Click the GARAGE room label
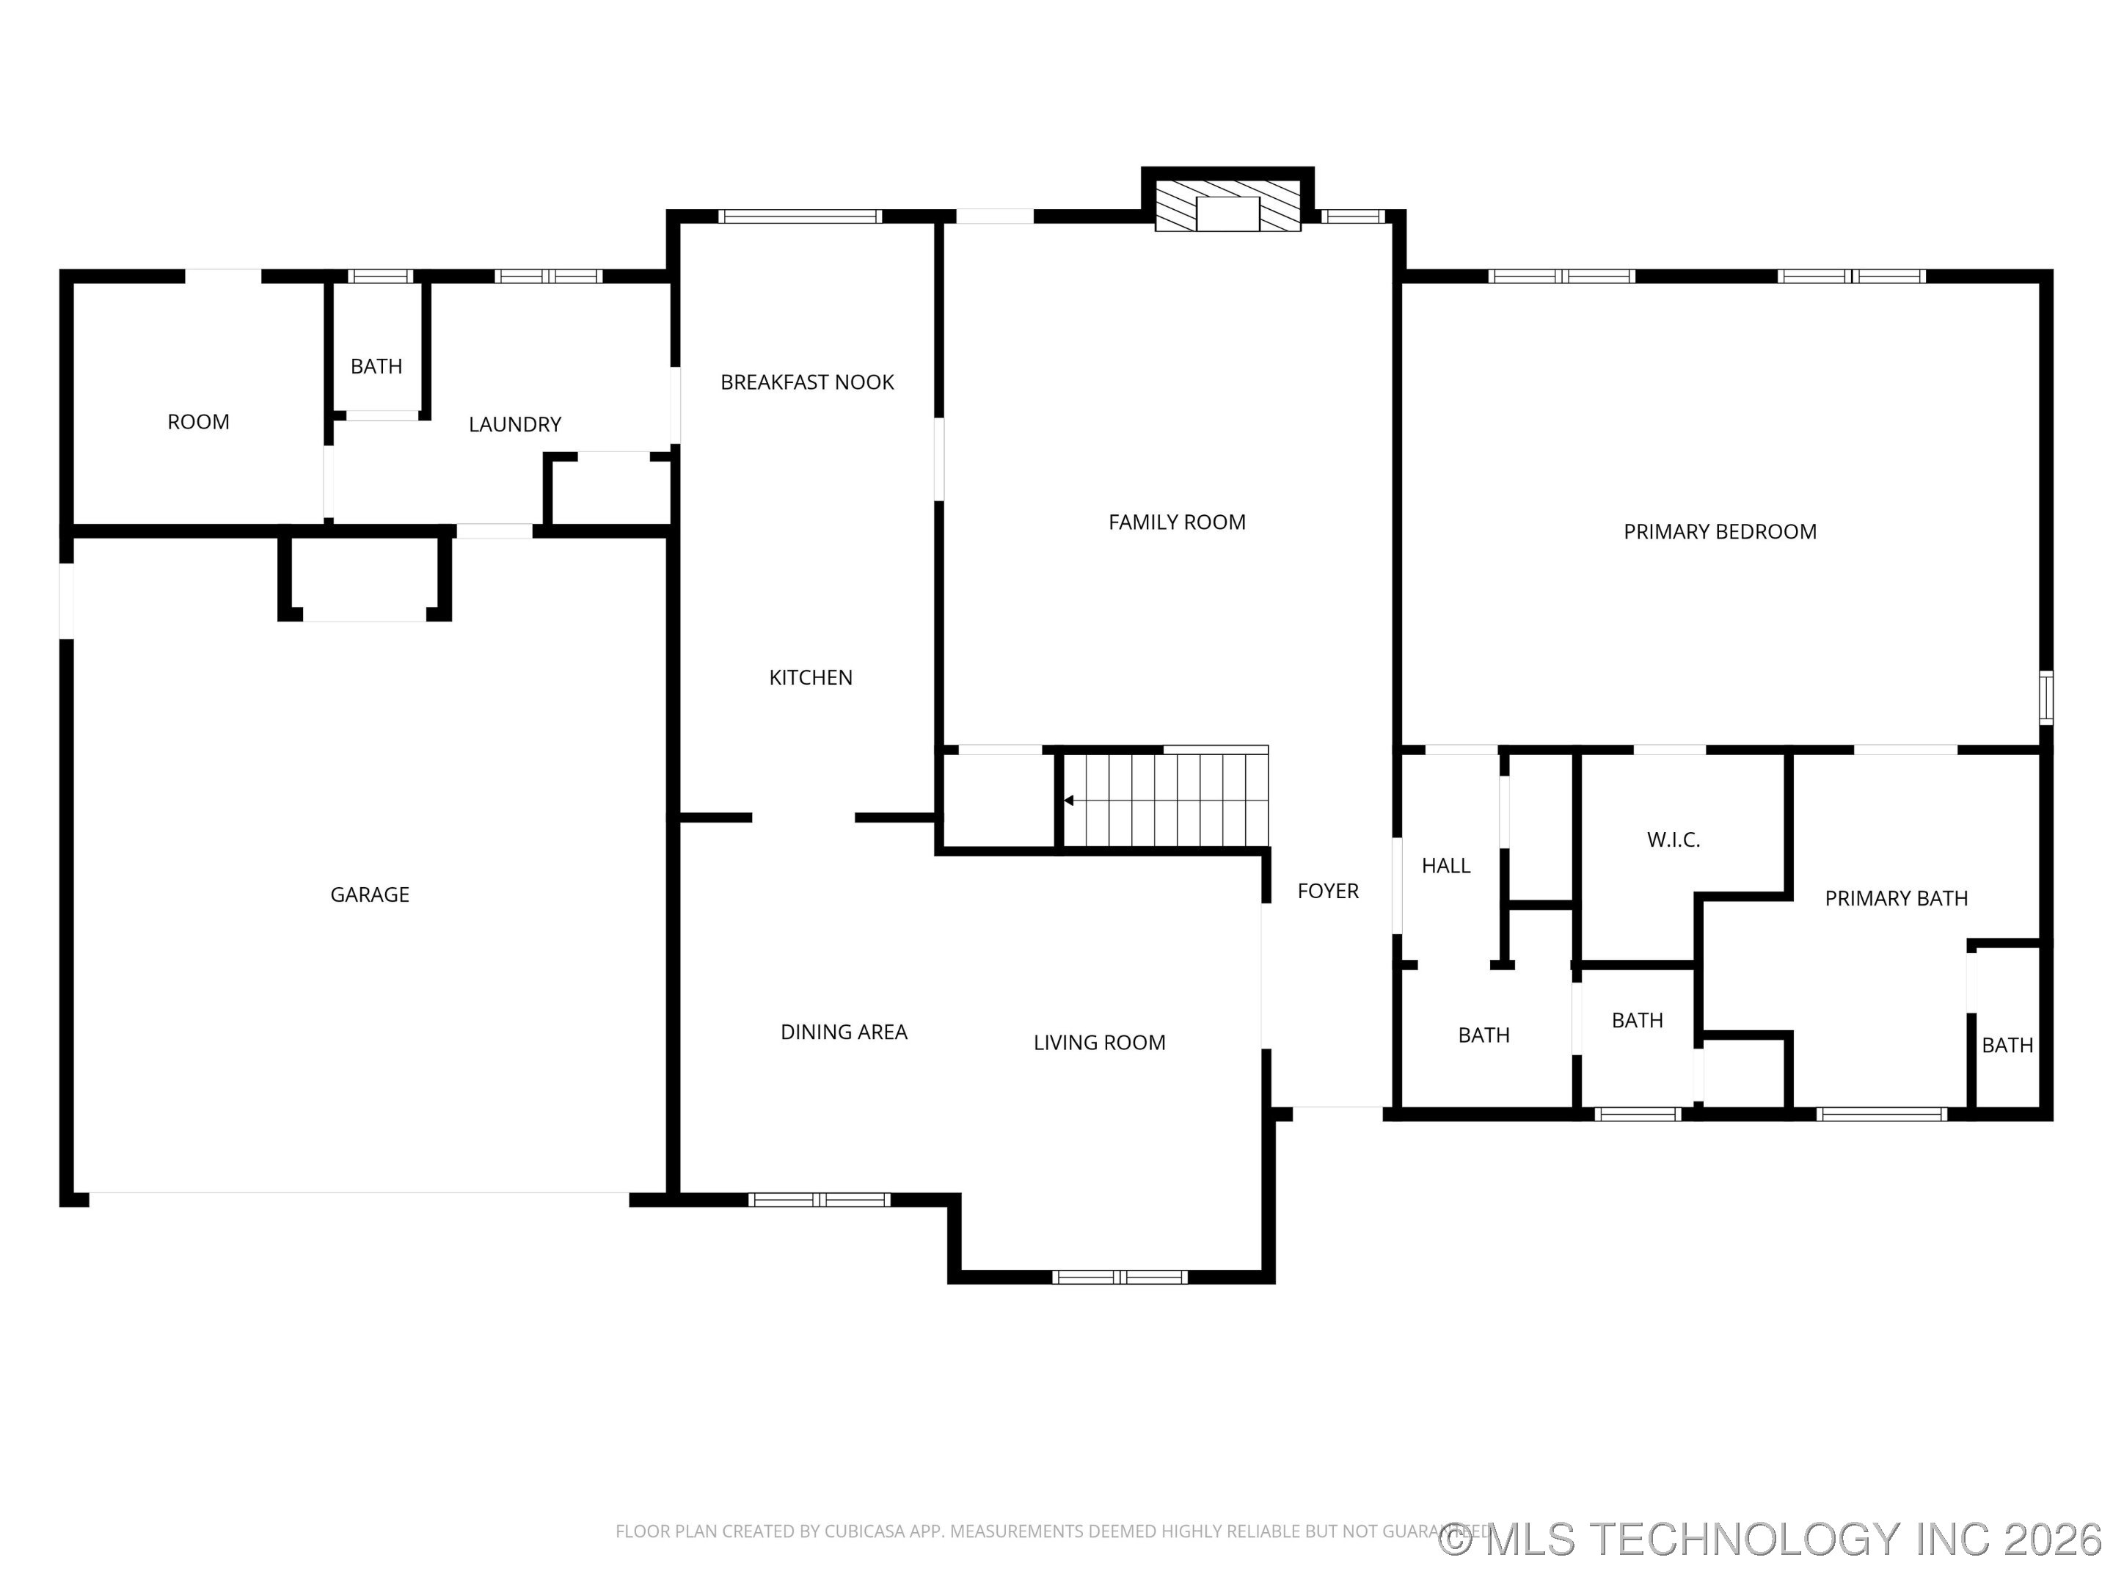(x=370, y=894)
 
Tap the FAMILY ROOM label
(x=1177, y=522)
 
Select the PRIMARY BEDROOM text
(x=1720, y=531)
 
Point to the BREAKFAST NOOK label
(x=807, y=382)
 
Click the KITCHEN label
(x=811, y=677)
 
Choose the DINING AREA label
(x=844, y=1032)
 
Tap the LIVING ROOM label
(x=1100, y=1042)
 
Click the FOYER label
(x=1328, y=890)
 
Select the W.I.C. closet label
(x=1674, y=839)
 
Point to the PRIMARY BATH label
(x=1896, y=898)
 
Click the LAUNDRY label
(x=515, y=424)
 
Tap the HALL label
(x=1446, y=866)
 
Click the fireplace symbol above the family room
(x=1227, y=206)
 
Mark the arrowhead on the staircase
(x=1070, y=801)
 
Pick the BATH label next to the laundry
(x=376, y=366)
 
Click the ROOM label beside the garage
(x=199, y=421)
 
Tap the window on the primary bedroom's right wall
(x=2046, y=697)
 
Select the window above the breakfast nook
(x=800, y=216)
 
